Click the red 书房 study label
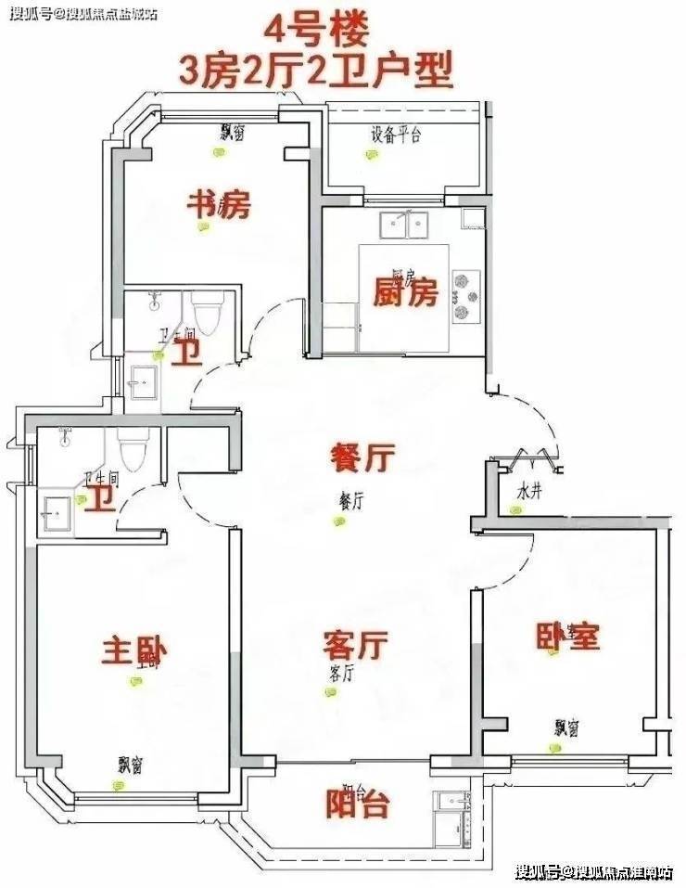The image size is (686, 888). (220, 204)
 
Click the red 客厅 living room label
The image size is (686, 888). (355, 642)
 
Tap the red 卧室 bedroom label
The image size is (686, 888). (568, 636)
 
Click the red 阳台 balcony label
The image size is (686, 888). (357, 804)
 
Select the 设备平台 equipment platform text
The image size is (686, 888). (396, 135)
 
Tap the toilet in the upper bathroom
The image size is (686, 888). (206, 313)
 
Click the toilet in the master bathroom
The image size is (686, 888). (132, 450)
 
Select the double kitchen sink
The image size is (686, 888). (406, 225)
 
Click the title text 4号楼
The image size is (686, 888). (316, 30)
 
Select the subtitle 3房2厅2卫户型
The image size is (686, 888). (318, 70)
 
